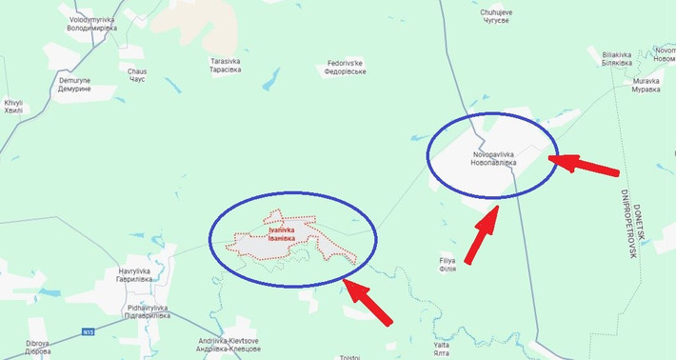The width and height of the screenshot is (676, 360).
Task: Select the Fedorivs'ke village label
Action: click(344, 68)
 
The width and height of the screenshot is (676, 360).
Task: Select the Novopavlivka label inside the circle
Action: click(493, 158)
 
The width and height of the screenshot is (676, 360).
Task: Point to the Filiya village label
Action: click(447, 264)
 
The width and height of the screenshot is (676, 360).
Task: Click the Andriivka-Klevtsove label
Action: click(229, 344)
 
